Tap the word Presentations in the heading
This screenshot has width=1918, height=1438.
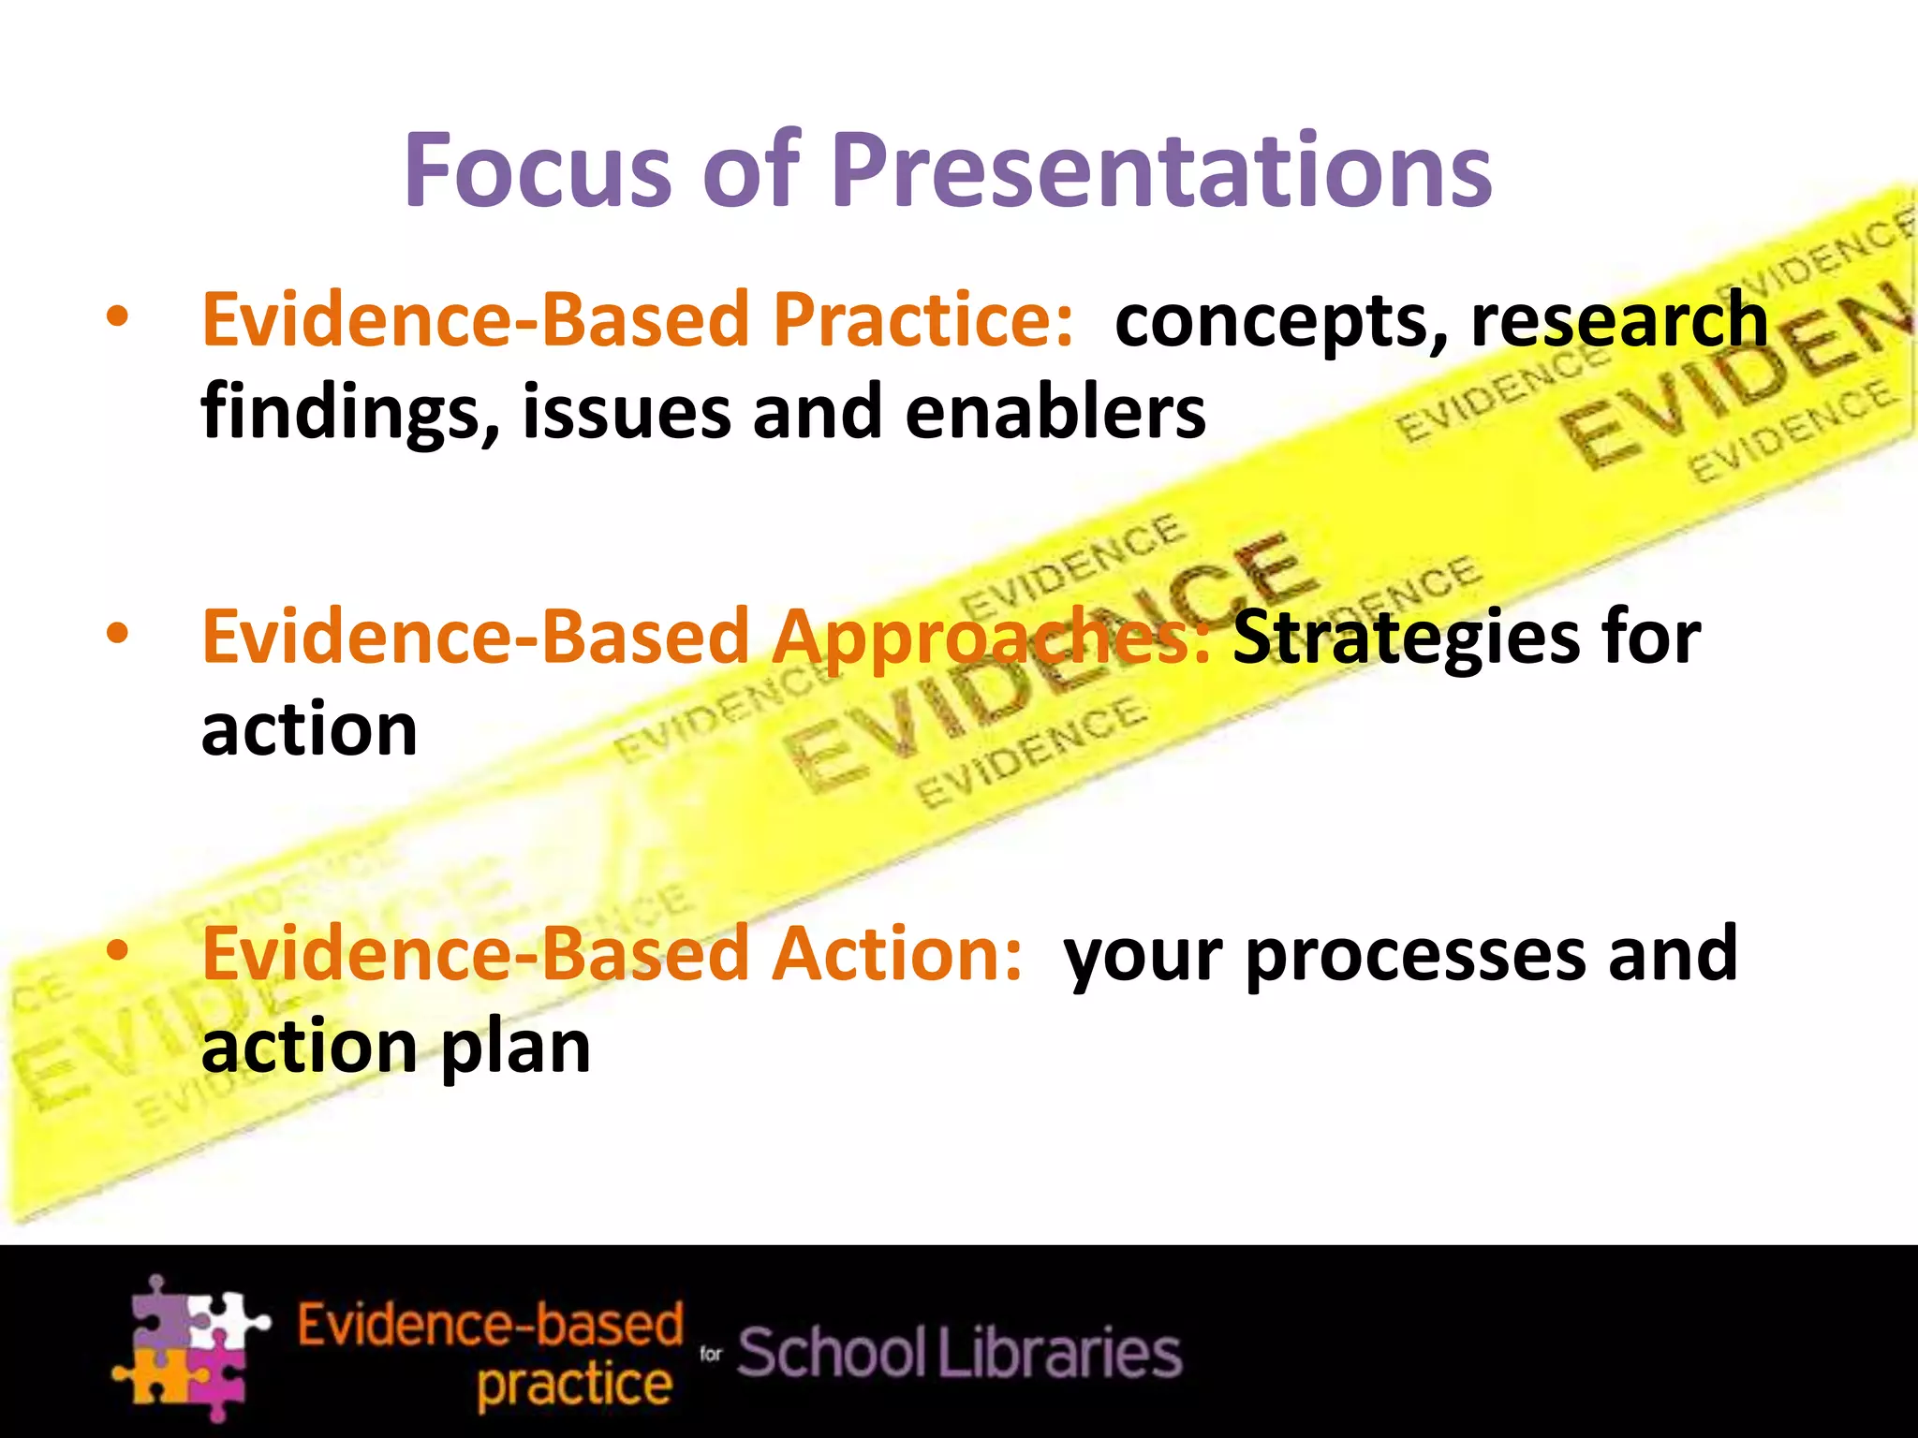click(x=1161, y=170)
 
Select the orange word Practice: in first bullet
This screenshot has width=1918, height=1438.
click(x=922, y=320)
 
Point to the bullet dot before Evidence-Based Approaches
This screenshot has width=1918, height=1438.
click(x=117, y=635)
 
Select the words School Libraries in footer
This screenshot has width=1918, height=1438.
click(x=960, y=1353)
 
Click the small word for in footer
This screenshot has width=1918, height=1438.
click(x=711, y=1354)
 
